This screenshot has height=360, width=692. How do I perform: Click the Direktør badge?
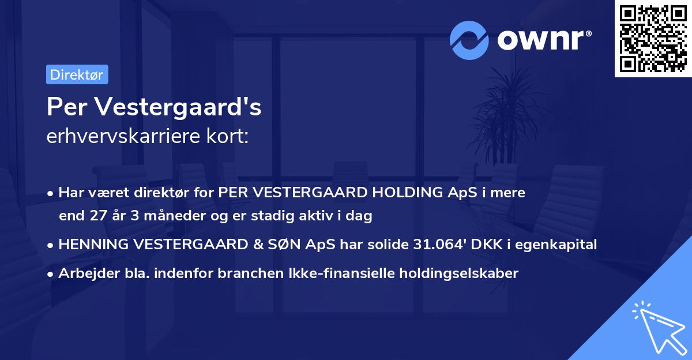(77, 74)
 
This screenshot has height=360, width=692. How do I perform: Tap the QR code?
(652, 39)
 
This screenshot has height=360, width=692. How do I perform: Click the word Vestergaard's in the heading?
(179, 108)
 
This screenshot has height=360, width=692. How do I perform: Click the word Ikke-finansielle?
(338, 273)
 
